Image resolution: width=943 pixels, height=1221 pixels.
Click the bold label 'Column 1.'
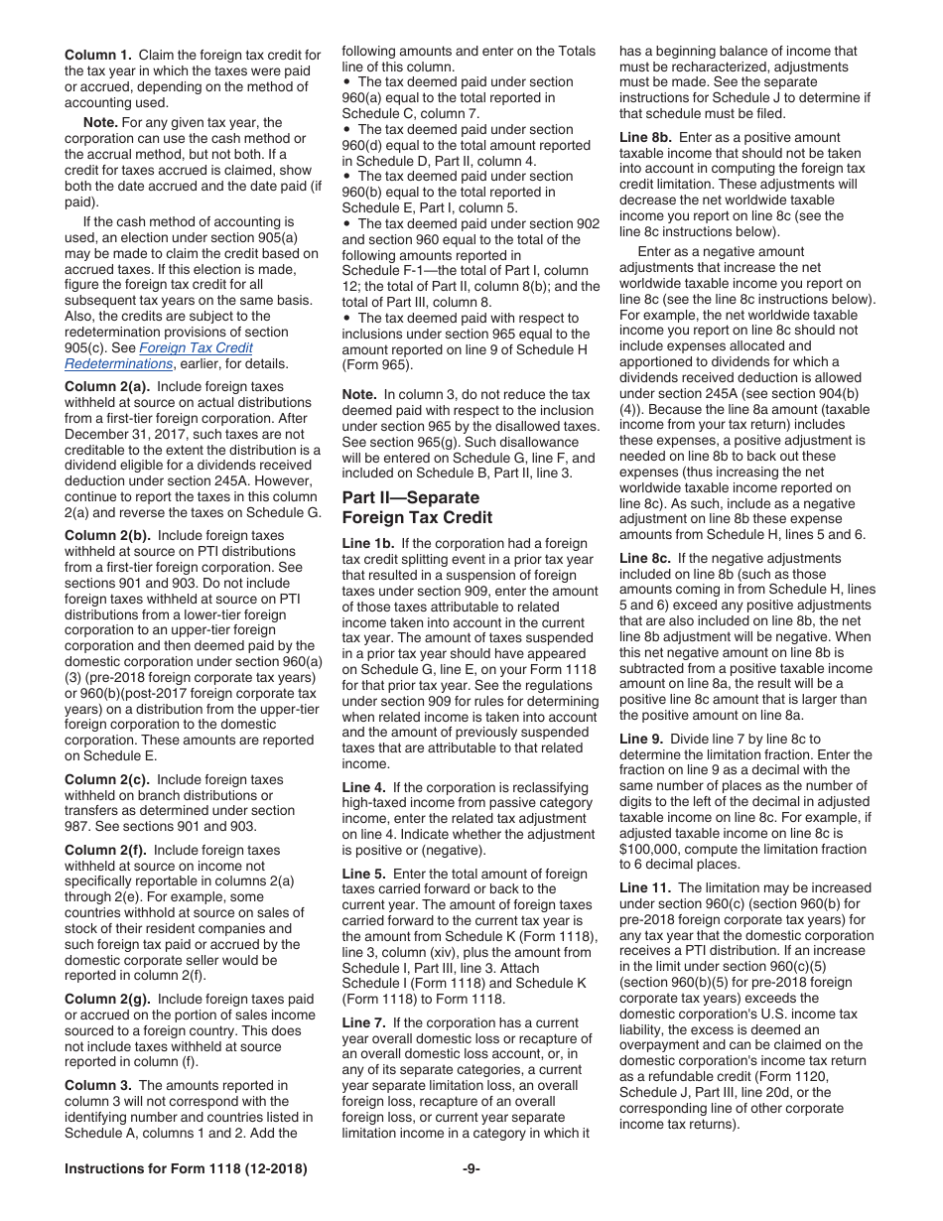(98, 55)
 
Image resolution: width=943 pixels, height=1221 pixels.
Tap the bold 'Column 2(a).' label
(105, 386)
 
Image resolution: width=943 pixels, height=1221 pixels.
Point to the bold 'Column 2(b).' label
(105, 535)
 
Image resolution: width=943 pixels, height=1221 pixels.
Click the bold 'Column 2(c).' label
(105, 779)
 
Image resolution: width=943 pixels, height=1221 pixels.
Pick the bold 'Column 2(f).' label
(104, 850)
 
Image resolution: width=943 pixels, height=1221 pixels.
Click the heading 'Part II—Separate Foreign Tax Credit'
(417, 507)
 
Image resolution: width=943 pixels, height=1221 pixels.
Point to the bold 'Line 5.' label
(365, 874)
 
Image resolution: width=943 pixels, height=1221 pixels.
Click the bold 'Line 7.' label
(365, 1022)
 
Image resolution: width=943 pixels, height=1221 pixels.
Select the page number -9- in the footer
(471, 1169)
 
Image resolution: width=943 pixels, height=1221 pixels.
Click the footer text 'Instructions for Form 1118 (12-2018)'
(186, 1169)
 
